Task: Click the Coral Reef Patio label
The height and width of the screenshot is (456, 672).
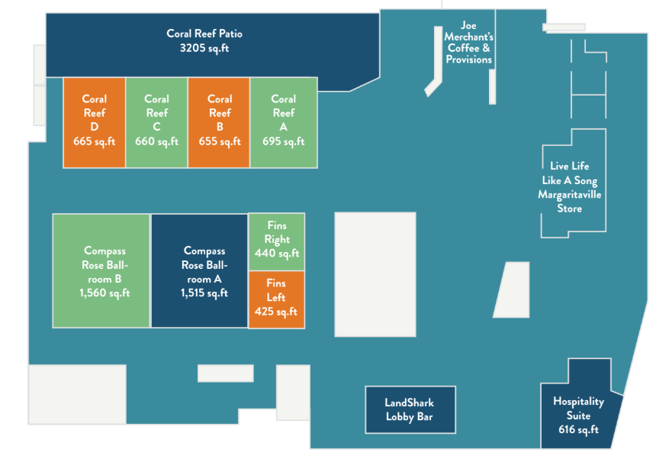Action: point(204,34)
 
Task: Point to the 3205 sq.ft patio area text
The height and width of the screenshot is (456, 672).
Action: point(204,48)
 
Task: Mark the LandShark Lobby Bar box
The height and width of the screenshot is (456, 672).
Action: point(410,409)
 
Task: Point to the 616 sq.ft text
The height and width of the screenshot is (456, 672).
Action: point(578,429)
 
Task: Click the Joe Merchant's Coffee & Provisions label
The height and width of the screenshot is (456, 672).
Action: point(469,43)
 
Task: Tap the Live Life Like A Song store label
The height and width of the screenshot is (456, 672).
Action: point(569,187)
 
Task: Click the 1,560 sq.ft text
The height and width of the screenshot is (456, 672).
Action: point(104,293)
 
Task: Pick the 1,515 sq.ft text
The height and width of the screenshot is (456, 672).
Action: point(204,293)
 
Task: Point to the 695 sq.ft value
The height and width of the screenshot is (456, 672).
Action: point(283,141)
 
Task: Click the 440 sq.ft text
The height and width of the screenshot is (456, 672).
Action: point(277,254)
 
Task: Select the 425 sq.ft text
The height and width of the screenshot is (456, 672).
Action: point(276,312)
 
